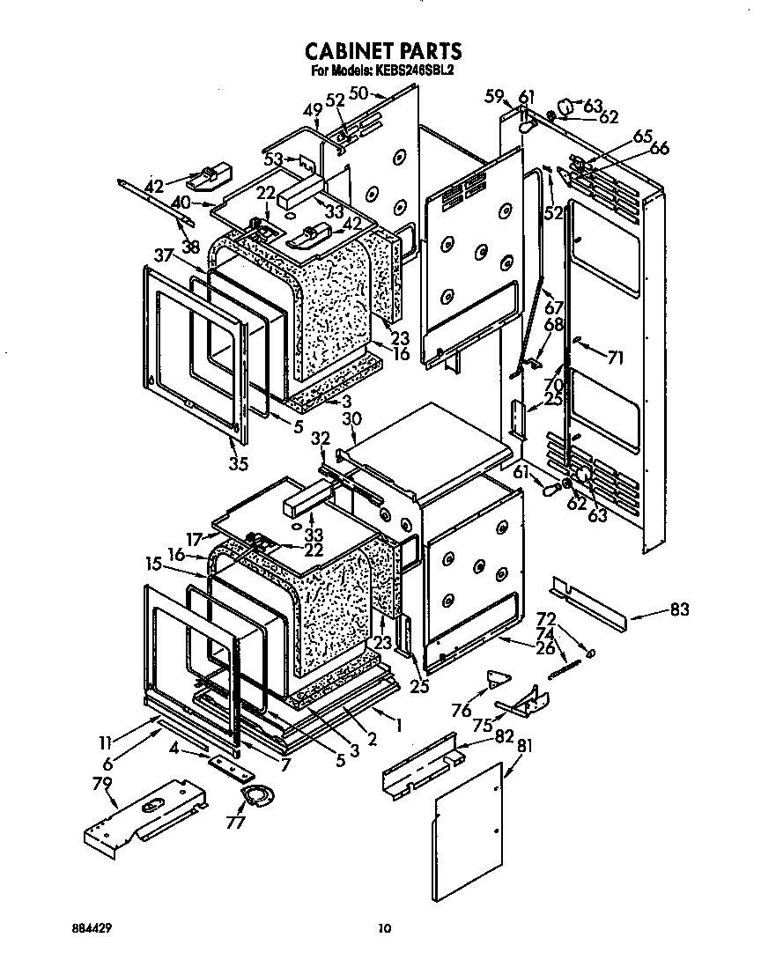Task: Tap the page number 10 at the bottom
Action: [x=382, y=926]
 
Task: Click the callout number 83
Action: [x=679, y=609]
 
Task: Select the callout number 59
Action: [x=495, y=96]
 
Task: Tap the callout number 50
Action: [x=358, y=92]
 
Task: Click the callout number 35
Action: [x=238, y=464]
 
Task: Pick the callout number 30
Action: [x=352, y=419]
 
